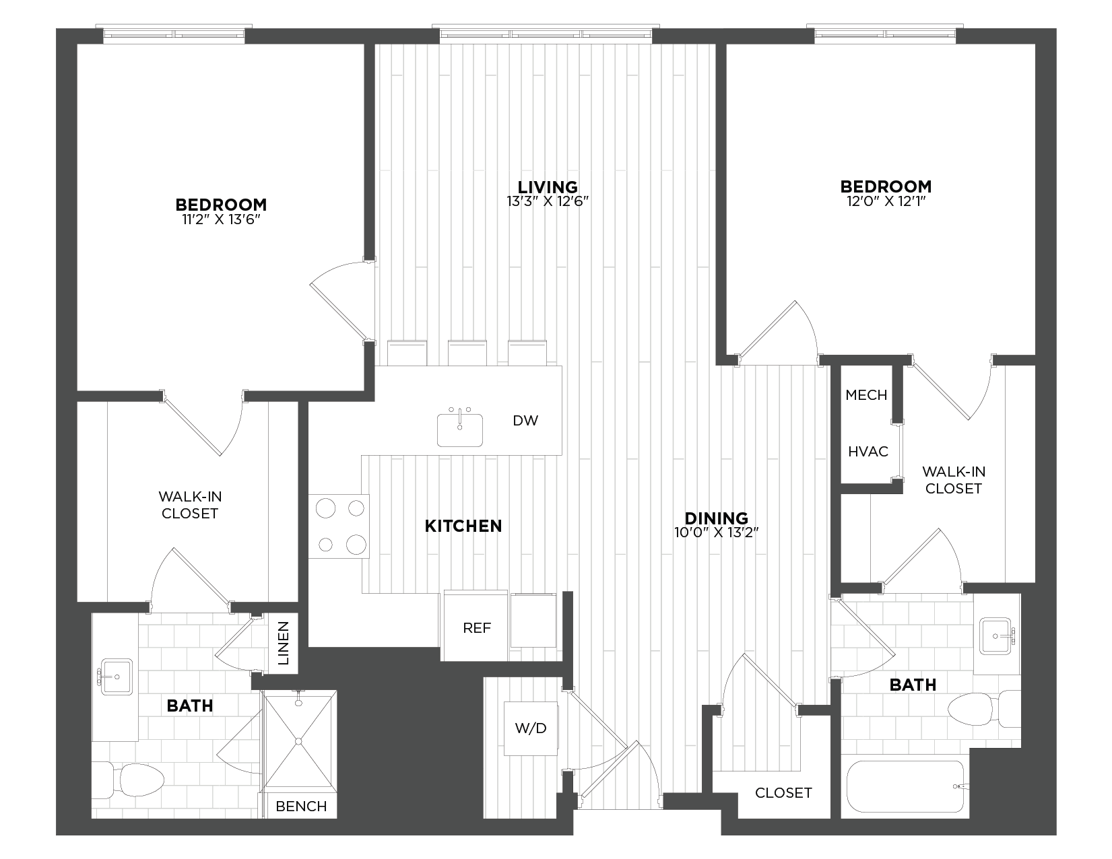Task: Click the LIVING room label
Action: tap(548, 186)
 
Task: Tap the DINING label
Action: tap(716, 518)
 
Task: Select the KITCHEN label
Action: tap(463, 526)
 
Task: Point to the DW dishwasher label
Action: tap(525, 421)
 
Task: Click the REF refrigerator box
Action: tap(476, 627)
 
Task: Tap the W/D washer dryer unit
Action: tap(531, 728)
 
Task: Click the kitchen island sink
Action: tap(460, 430)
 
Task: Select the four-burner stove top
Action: tap(339, 526)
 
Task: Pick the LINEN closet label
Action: tap(284, 643)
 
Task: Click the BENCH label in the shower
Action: tap(301, 806)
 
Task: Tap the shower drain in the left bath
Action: tap(298, 741)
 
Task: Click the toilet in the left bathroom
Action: tap(131, 780)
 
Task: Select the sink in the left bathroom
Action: tap(115, 676)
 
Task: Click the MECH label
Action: tap(866, 395)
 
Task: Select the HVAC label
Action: tap(868, 452)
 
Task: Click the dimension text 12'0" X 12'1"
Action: tap(885, 201)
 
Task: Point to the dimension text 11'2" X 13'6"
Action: tap(221, 219)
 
